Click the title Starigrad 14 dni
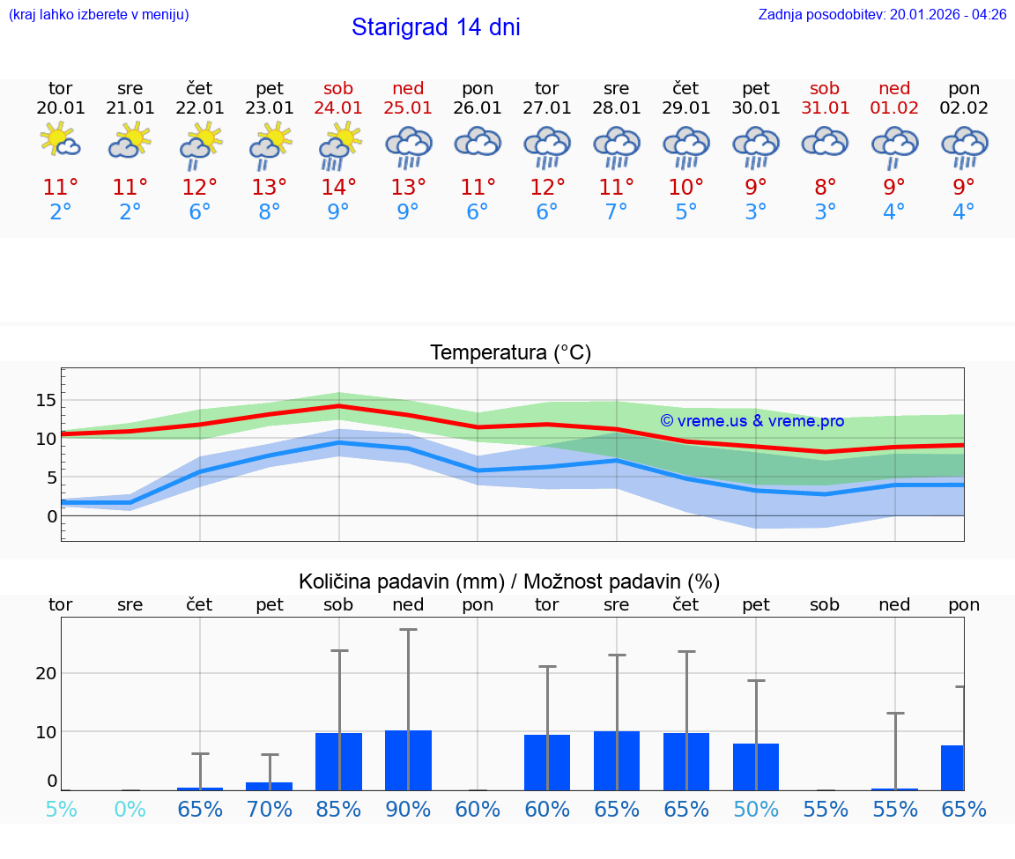click(x=435, y=27)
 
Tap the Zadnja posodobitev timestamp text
click(x=882, y=15)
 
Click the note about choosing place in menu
click(x=99, y=15)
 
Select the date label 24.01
click(x=338, y=108)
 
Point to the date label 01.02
click(x=894, y=108)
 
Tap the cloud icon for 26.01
click(x=478, y=143)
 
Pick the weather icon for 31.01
click(x=825, y=143)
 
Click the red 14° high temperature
click(x=338, y=188)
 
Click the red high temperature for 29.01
click(x=685, y=188)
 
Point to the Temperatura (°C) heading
click(x=510, y=353)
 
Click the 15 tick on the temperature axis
click(x=46, y=401)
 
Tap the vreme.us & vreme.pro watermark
click(x=752, y=421)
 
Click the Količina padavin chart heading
click(x=509, y=581)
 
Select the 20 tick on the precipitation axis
click(x=46, y=673)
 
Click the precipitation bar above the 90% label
click(x=408, y=760)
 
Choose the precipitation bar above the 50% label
click(x=756, y=766)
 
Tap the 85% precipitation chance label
click(x=338, y=809)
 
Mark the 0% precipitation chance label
click(x=130, y=809)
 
